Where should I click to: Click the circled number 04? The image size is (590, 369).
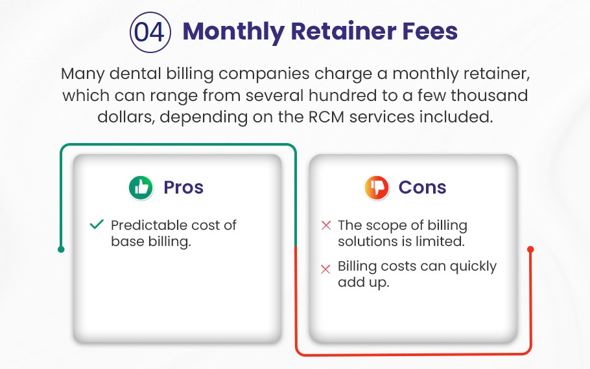pos(150,32)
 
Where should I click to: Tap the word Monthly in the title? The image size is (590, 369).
pos(233,32)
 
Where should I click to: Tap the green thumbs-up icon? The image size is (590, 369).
pos(141,188)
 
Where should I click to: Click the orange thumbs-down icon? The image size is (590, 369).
pos(377,188)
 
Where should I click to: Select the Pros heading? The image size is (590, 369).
pos(183,187)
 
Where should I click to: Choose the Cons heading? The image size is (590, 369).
pos(423,187)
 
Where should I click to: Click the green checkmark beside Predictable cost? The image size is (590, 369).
pos(97,225)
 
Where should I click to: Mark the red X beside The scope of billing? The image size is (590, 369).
pos(326,225)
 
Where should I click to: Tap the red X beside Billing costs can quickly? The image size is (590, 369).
pos(326,269)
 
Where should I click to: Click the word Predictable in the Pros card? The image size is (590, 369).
pos(144,225)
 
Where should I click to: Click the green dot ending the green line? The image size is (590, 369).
pos(61,249)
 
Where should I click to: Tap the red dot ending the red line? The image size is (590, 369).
pos(530,249)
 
